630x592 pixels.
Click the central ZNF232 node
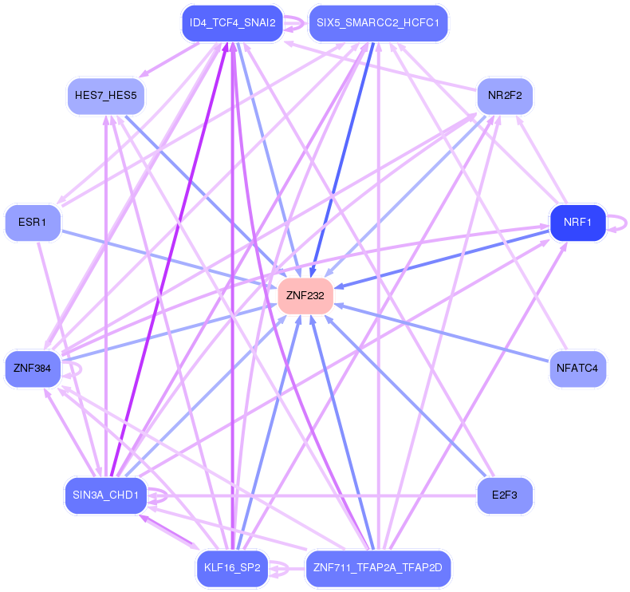[x=305, y=296]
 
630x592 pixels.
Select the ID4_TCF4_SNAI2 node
[x=228, y=22]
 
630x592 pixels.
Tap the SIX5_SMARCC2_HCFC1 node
[x=378, y=22]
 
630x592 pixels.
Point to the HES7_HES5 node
[x=105, y=96]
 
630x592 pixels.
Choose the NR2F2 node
[x=504, y=96]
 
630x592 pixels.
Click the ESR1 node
[x=33, y=222]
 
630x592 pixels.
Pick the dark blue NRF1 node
[x=577, y=222]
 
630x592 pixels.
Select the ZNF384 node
[x=33, y=369]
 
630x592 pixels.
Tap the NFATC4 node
[x=577, y=369]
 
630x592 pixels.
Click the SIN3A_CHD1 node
[x=105, y=495]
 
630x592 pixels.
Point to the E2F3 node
[x=504, y=495]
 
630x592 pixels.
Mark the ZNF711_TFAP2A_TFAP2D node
[x=378, y=569]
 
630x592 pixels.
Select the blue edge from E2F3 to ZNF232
[x=407, y=398]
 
